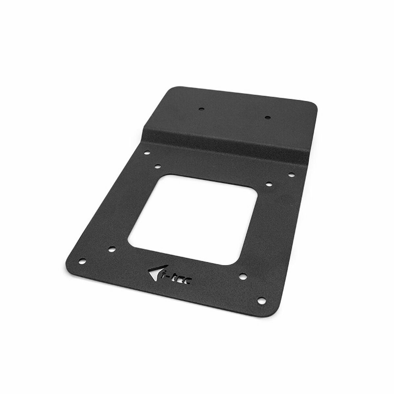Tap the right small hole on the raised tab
pyautogui.click(x=267, y=117)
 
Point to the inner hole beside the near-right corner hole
pyautogui.click(x=243, y=275)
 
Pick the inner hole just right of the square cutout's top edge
pyautogui.click(x=268, y=183)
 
